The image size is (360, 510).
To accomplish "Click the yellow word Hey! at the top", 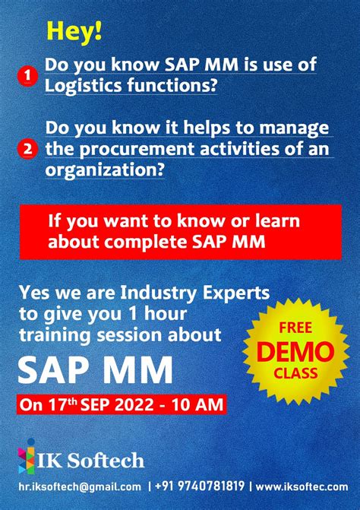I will [x=74, y=32].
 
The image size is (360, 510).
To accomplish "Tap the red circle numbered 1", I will [x=28, y=75].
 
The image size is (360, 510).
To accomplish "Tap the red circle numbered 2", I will [x=28, y=149].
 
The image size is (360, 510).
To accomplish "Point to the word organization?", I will [x=105, y=169].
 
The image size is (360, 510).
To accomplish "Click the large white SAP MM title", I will [x=95, y=370].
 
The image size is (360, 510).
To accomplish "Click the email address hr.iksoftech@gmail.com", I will [x=80, y=487].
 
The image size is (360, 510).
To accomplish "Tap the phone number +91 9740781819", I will [x=201, y=487].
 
